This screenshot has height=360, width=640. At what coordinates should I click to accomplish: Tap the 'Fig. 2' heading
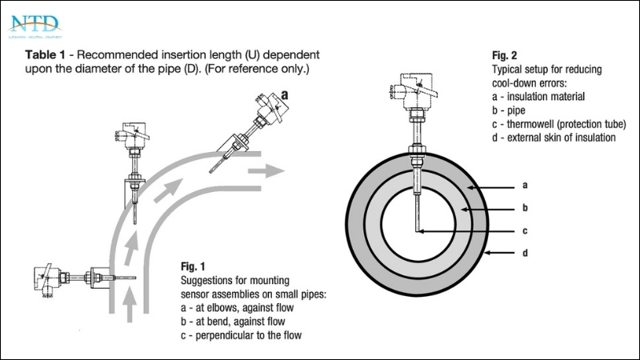(504, 56)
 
